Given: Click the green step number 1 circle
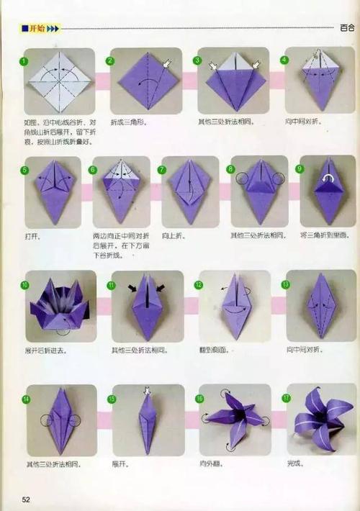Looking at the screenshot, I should (24, 61).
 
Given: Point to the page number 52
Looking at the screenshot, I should (27, 499).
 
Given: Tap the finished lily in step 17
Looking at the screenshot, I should (321, 420).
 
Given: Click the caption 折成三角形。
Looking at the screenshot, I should (129, 122).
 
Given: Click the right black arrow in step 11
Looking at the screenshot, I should (159, 288).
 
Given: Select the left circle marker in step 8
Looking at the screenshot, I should (242, 178).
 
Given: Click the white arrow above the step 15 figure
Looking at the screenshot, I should (148, 391).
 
